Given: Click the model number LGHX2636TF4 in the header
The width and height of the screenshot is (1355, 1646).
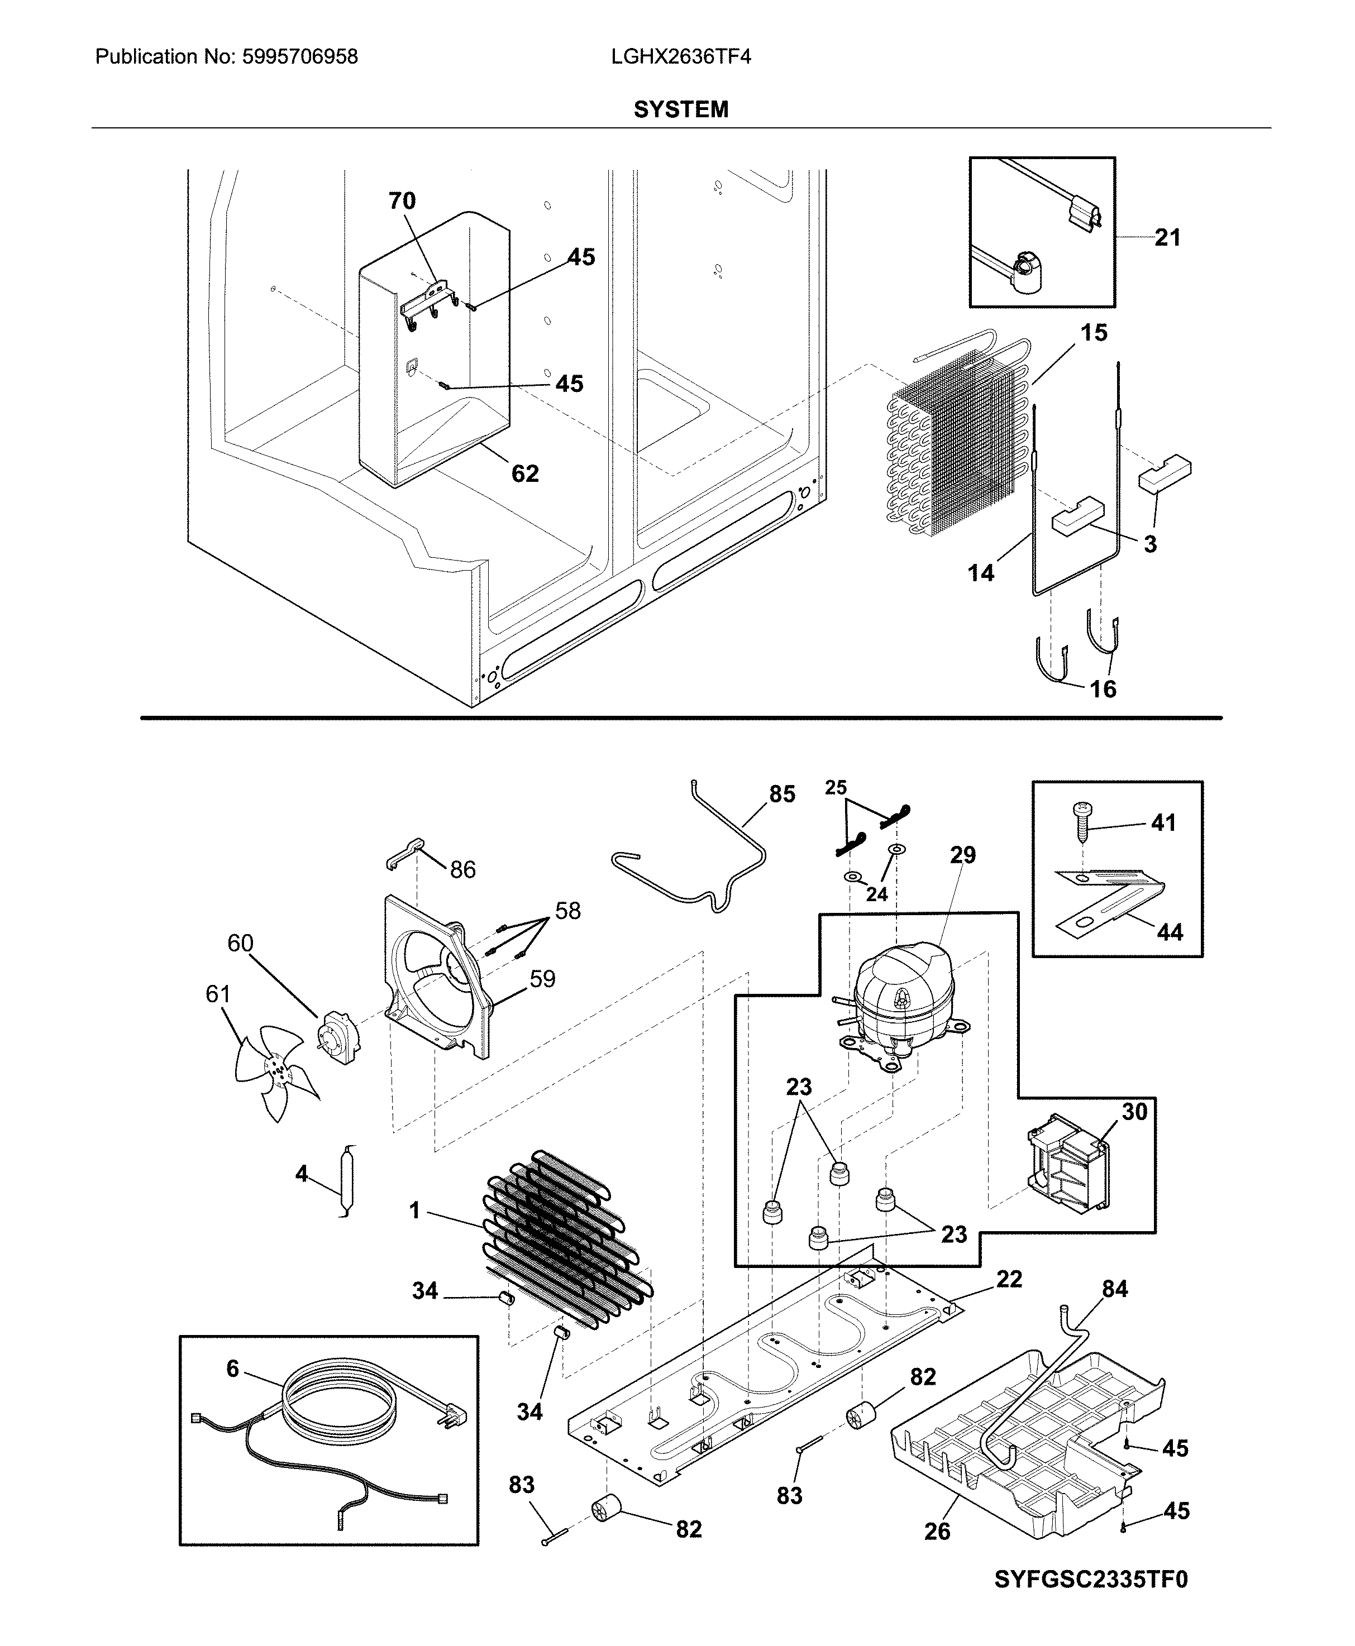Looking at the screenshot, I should point(681,56).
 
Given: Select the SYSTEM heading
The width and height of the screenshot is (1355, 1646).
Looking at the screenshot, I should point(681,110).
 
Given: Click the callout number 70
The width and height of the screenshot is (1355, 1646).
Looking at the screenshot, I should point(402,201).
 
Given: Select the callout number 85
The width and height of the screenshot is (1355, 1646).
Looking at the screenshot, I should point(782,794).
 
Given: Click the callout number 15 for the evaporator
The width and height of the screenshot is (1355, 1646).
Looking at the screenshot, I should point(1094,333).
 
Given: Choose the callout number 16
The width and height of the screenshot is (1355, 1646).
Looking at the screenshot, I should point(1103,689).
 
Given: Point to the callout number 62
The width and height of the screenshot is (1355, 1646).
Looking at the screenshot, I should point(524,473).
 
